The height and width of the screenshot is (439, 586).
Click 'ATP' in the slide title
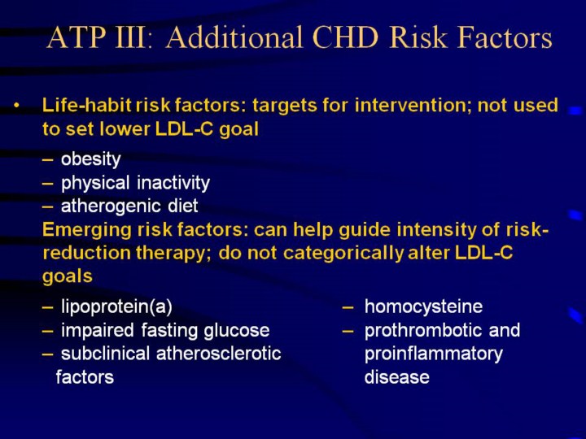click(77, 37)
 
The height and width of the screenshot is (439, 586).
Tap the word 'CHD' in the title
click(345, 37)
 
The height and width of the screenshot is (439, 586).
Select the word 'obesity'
click(91, 159)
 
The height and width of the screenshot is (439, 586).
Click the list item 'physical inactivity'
click(135, 183)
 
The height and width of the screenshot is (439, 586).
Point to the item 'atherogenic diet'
click(129, 206)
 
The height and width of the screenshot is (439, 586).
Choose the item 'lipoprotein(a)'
click(116, 306)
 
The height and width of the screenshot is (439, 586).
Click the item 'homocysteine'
click(423, 306)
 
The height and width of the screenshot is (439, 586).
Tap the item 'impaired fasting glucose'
click(165, 330)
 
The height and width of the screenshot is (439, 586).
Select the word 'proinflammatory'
click(434, 354)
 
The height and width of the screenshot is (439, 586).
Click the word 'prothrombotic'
click(423, 330)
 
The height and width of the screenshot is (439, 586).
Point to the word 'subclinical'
click(105, 353)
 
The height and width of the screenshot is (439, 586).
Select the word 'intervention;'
click(413, 105)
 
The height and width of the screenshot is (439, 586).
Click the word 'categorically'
click(343, 253)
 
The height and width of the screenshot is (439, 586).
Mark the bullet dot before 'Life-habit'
click(16, 105)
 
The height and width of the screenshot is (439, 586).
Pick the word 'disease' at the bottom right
click(397, 376)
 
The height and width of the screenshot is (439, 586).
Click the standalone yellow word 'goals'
click(68, 276)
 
